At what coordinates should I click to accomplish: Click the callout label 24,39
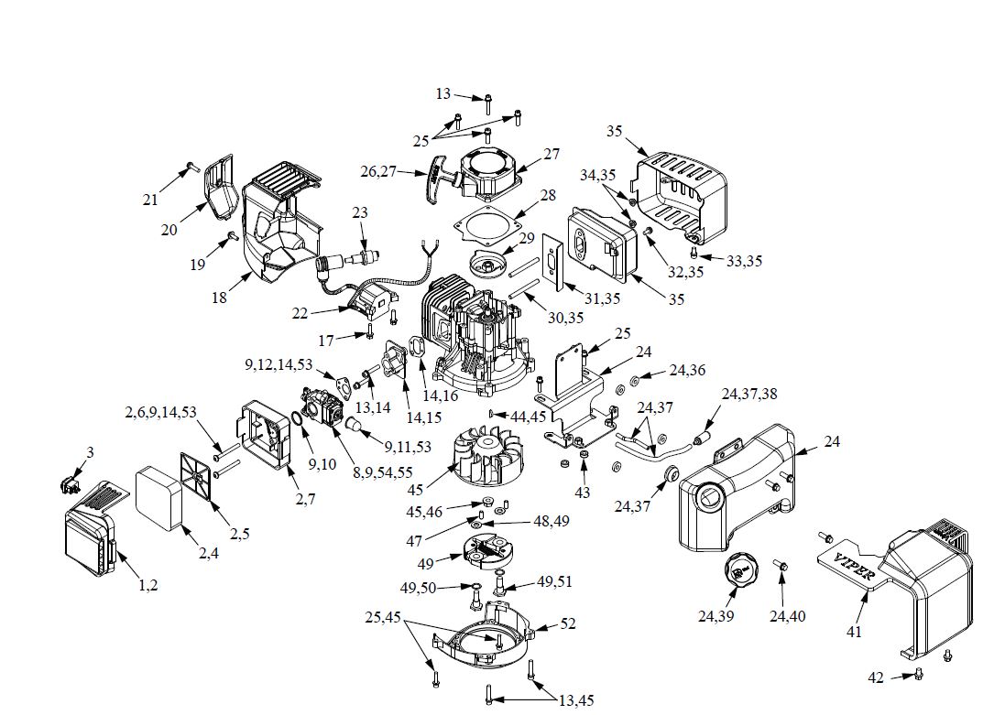(715, 617)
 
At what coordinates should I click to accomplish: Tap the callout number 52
(568, 623)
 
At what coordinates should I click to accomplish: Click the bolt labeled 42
(919, 676)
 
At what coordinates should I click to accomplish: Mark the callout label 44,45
(530, 416)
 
